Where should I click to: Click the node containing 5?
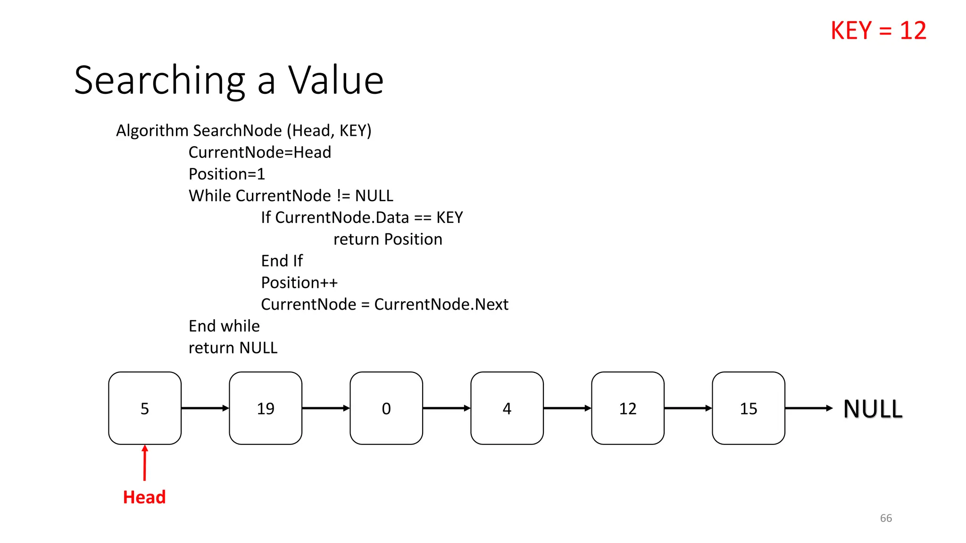145,408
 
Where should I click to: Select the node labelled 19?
266,408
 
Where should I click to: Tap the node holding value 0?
386,408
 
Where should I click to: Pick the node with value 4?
507,408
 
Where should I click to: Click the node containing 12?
628,408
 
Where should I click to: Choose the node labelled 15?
749,408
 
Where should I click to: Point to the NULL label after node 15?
873,409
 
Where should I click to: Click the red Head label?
144,497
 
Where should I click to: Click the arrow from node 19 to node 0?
325,408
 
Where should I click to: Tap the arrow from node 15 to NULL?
808,408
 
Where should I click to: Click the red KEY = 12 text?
878,31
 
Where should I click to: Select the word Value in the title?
336,80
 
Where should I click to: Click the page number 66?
886,518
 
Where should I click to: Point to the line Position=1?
227,174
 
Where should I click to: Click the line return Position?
388,239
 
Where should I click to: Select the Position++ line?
300,282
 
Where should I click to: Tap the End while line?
224,326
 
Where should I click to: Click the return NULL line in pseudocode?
233,347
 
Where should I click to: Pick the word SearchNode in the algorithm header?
238,131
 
